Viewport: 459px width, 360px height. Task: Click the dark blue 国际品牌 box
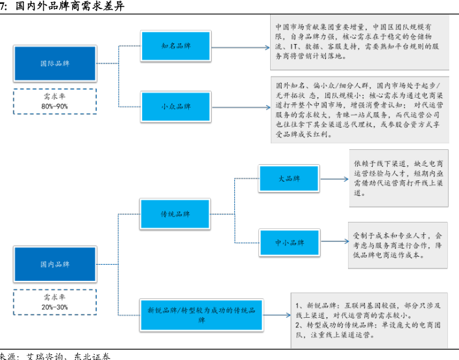[x=55, y=64]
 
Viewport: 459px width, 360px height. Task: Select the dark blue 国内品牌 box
[x=55, y=264]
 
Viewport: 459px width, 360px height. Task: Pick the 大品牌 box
[x=290, y=178]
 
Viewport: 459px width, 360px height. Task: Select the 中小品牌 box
[x=290, y=242]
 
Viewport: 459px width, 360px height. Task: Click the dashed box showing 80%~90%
[x=55, y=101]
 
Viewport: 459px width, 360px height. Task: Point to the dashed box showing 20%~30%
[x=55, y=302]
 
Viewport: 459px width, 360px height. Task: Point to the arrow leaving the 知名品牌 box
[x=238, y=47]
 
